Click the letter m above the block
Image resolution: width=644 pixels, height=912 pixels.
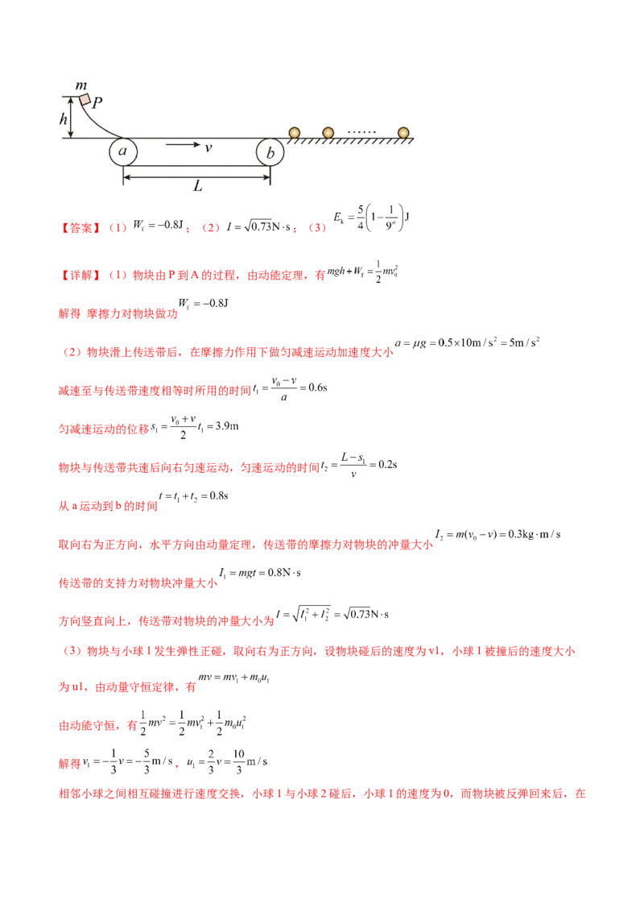[x=80, y=85]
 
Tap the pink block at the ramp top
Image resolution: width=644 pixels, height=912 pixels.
[x=85, y=99]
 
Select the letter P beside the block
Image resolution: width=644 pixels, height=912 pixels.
[x=97, y=103]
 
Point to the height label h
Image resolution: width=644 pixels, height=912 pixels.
[x=64, y=118]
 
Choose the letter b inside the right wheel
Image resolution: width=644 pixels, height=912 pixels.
[x=270, y=151]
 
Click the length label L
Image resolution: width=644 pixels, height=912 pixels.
[x=197, y=185]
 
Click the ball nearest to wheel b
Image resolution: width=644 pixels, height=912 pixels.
[x=295, y=132]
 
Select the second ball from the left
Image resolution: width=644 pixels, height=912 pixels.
[x=328, y=132]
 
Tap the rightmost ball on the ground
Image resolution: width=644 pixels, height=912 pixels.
[x=403, y=132]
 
